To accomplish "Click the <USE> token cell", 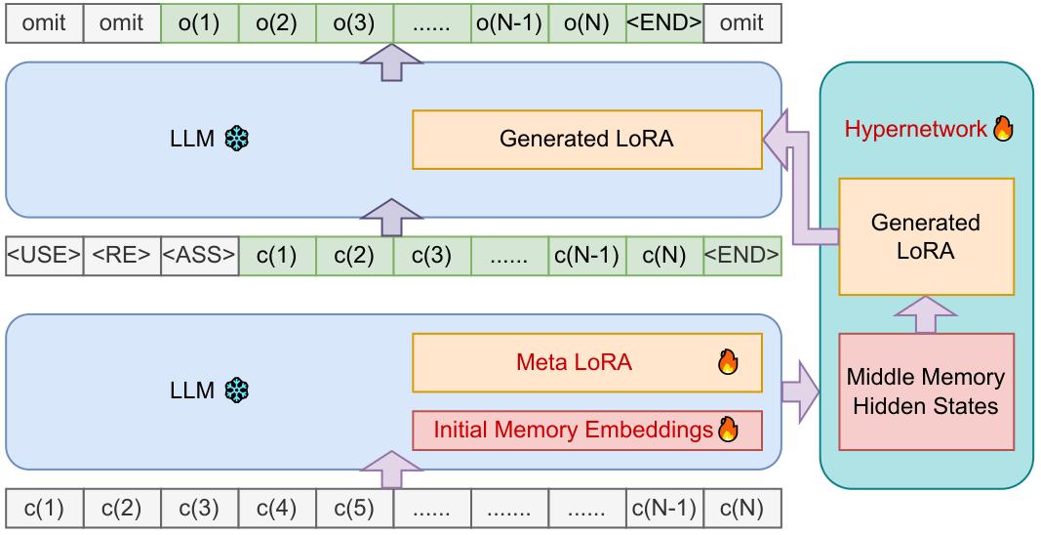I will (45, 256).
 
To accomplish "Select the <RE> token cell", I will (122, 256).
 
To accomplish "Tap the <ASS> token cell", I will (200, 256).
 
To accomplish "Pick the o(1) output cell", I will (199, 23).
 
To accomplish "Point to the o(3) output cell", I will (354, 23).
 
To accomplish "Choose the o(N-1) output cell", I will (509, 23).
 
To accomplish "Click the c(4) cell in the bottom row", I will (277, 508).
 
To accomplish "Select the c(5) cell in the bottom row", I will (354, 508).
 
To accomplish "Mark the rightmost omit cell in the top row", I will (741, 23).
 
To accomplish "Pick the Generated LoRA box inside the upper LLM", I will (586, 139).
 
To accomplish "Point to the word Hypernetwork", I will (915, 129).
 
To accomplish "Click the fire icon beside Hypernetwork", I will (1002, 128).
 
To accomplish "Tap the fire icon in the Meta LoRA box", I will (728, 363).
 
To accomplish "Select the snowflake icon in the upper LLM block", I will (235, 140).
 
